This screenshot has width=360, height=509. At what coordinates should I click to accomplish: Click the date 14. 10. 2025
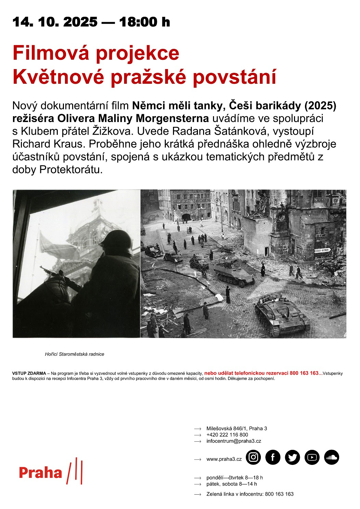(x=55, y=22)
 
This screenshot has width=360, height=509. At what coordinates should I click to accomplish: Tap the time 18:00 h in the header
(x=145, y=22)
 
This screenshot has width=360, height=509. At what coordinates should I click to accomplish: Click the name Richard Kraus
(x=48, y=144)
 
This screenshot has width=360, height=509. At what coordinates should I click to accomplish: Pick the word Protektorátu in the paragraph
(x=71, y=170)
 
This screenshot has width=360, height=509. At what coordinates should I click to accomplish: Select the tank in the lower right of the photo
(x=281, y=314)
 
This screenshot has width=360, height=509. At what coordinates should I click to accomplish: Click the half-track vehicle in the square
(x=235, y=274)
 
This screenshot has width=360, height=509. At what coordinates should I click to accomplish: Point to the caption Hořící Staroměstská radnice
(x=75, y=354)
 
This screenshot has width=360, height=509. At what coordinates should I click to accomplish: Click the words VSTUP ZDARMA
(x=29, y=373)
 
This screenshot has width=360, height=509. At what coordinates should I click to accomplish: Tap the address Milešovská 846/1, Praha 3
(x=237, y=428)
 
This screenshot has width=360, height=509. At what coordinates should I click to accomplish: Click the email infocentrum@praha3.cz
(x=234, y=441)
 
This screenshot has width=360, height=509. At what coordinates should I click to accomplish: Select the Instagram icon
(x=253, y=457)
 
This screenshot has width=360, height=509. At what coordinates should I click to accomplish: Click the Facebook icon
(x=273, y=457)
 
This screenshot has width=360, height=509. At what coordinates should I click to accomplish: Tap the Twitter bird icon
(x=292, y=457)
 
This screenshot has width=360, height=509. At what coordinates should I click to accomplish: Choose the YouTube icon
(x=312, y=457)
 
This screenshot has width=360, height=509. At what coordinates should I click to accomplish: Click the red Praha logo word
(x=40, y=473)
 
